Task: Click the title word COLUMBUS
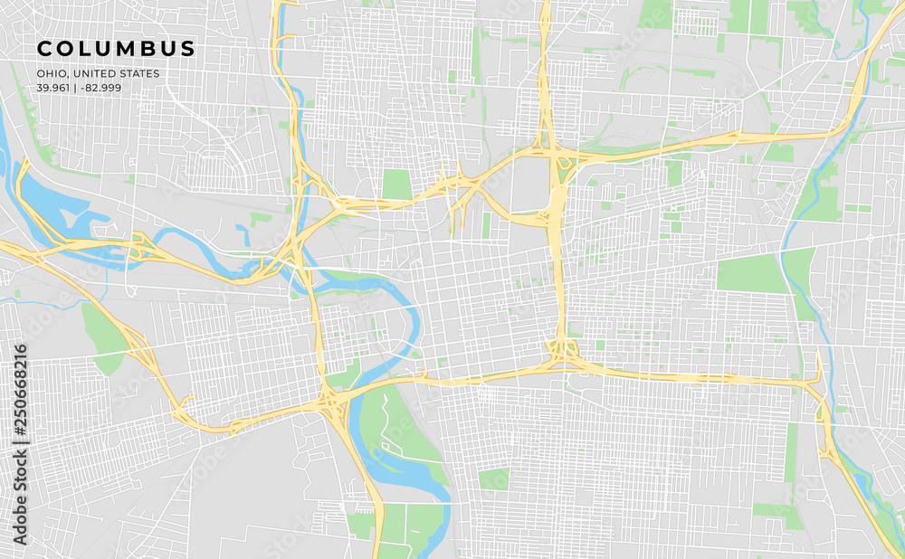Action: point(115,48)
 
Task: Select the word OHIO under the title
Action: point(49,73)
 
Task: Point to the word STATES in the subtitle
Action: point(136,73)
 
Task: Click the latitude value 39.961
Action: point(52,88)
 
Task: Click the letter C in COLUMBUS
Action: point(43,48)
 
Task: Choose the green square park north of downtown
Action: point(396,184)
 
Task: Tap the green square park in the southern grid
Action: point(494,478)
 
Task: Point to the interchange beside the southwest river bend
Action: point(331,402)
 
